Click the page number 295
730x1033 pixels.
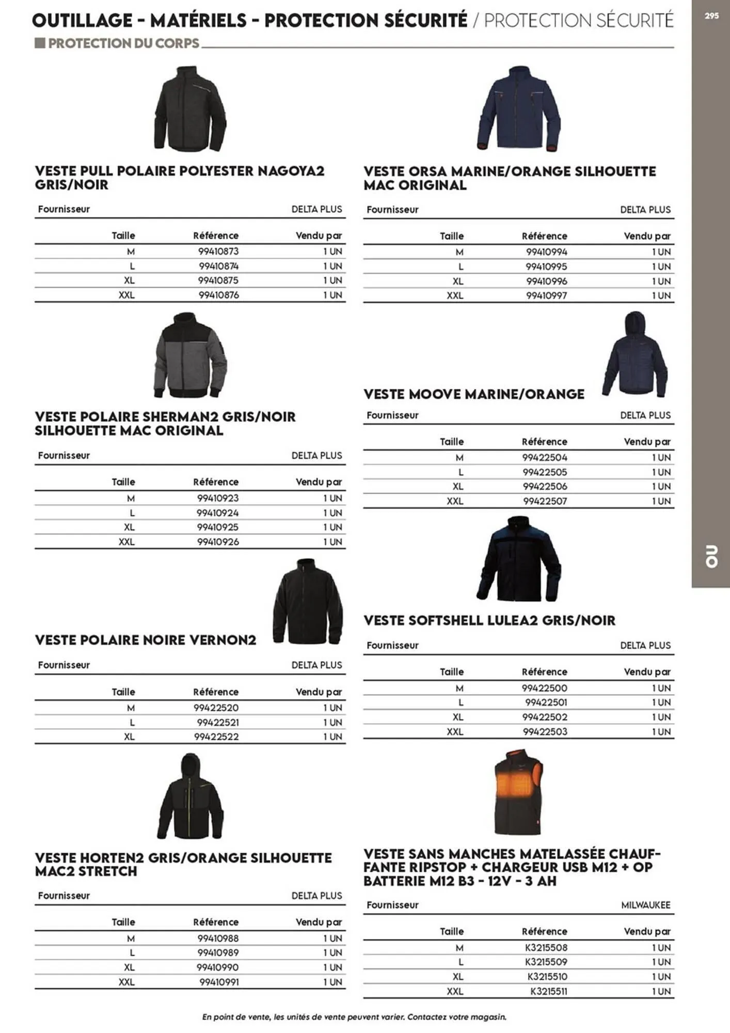tap(711, 16)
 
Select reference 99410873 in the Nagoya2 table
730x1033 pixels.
tap(218, 252)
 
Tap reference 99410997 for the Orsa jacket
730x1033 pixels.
tap(546, 295)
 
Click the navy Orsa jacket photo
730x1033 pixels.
tap(519, 109)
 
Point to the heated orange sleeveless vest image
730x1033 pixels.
tap(518, 792)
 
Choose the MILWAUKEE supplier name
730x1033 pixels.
tap(645, 905)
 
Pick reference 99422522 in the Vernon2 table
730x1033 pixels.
tap(216, 737)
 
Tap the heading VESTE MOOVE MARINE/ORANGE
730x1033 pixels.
tap(473, 394)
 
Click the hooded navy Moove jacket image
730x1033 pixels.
tap(635, 355)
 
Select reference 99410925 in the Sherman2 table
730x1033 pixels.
tap(218, 527)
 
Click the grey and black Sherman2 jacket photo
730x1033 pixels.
tap(191, 355)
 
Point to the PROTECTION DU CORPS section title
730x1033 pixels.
tap(123, 43)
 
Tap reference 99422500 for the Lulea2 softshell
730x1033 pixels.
tap(544, 688)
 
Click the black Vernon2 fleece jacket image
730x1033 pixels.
tap(308, 602)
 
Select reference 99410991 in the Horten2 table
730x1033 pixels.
tap(219, 982)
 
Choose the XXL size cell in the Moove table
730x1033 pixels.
tap(455, 501)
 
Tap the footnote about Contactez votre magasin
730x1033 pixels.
tap(354, 1017)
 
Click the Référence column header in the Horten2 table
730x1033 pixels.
tap(216, 922)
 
